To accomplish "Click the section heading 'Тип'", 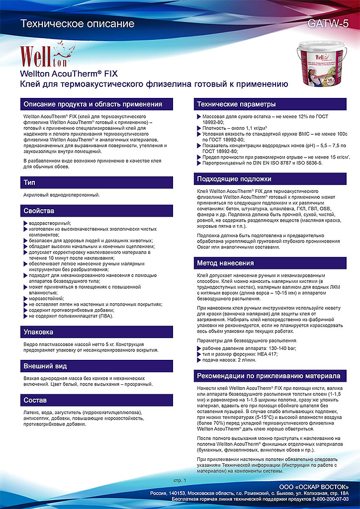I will pos(29,183).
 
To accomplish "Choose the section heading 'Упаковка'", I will pos(38,332).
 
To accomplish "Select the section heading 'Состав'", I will pos(35,400).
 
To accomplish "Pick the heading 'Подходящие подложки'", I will pos(234,178).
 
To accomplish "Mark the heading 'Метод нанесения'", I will pos(227,263).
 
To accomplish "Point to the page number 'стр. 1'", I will pos(180,481).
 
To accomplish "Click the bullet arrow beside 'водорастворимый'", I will pos(25,223).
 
